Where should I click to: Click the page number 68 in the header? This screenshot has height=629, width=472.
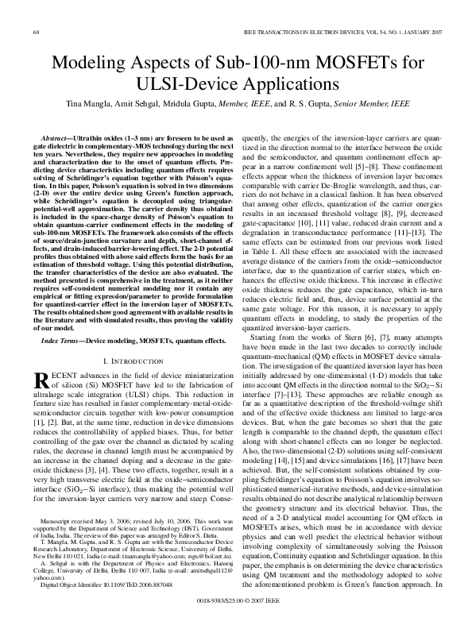tap(37, 31)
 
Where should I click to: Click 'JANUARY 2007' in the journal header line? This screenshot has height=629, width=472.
tap(414, 31)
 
